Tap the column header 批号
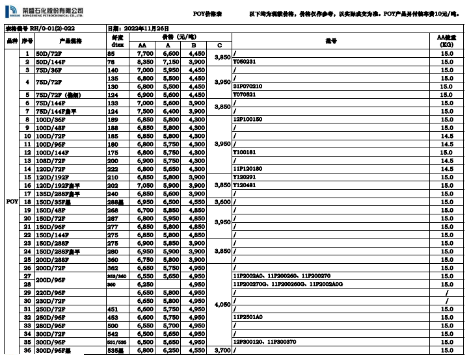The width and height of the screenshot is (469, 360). coord(333,40)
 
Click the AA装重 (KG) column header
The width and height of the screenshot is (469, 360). coord(446,40)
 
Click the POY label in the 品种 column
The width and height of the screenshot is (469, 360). coord(12,201)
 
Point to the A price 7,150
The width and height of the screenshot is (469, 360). coord(171,61)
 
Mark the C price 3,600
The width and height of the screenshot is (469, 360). coord(222,201)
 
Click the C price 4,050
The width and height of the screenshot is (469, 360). coord(222,304)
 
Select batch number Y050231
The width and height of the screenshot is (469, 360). coord(245,61)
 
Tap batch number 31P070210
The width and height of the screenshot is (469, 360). coord(248,86)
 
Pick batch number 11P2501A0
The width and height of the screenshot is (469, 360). coord(248,317)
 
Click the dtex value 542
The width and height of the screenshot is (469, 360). coord(113,333)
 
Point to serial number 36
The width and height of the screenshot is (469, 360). coord(27,350)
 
